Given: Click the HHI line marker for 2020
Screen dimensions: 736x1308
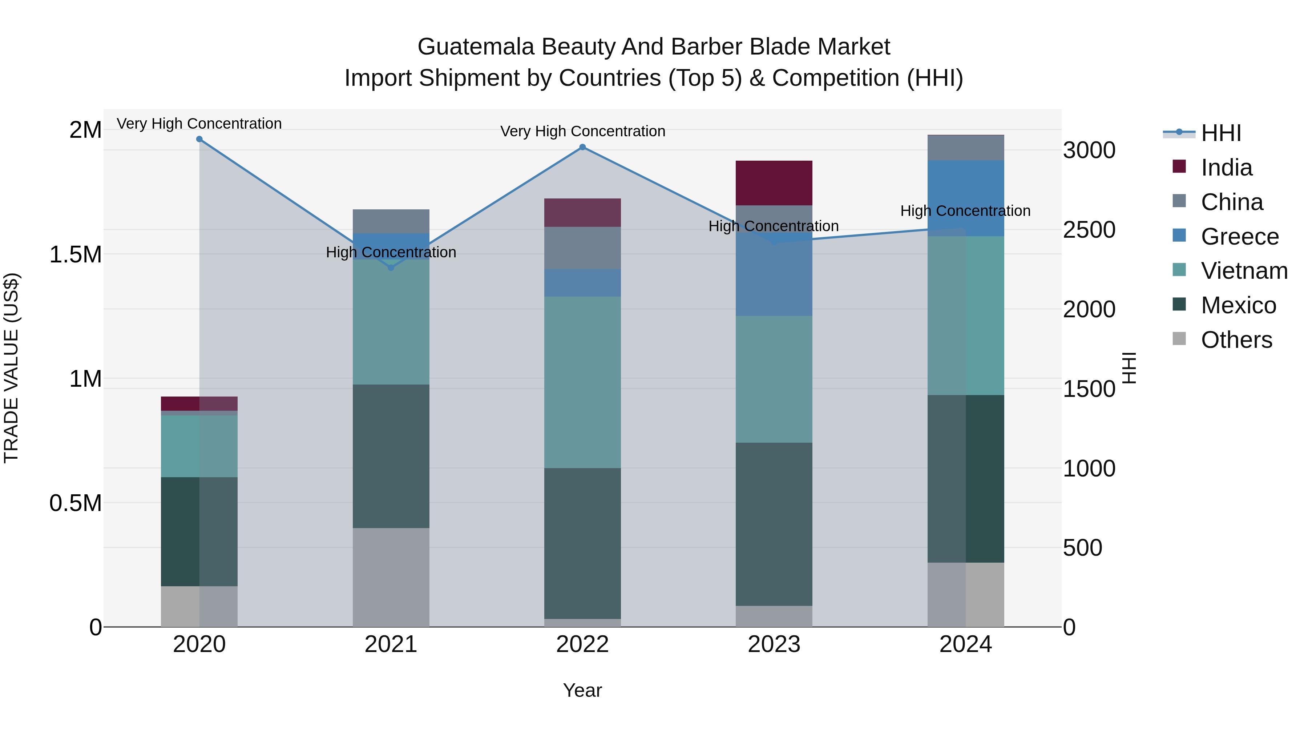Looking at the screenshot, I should pyautogui.click(x=199, y=139).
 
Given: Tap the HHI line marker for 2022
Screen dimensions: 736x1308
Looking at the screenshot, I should pyautogui.click(x=582, y=147).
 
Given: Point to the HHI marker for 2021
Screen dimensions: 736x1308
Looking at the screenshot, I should pyautogui.click(x=391, y=268).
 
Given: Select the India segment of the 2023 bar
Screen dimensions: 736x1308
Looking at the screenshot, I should pyautogui.click(x=774, y=183).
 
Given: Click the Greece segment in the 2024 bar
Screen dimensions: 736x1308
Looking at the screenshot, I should pyautogui.click(x=965, y=198).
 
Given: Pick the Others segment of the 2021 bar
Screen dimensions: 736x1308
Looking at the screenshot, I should pyautogui.click(x=391, y=577).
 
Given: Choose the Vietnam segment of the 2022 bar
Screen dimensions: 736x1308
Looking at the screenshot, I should pyautogui.click(x=582, y=382).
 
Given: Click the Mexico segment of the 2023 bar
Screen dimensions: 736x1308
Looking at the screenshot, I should pyautogui.click(x=774, y=524).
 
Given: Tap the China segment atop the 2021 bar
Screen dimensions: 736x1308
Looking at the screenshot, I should pyautogui.click(x=391, y=221).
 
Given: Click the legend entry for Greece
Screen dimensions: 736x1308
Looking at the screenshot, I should pyautogui.click(x=1239, y=237).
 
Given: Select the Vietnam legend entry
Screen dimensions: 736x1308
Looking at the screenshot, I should pyautogui.click(x=1244, y=271).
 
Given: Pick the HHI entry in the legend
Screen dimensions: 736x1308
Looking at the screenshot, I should pyautogui.click(x=1221, y=133).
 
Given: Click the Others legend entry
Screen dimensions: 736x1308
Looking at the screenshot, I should pyautogui.click(x=1236, y=340).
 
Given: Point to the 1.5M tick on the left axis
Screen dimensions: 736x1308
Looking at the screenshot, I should pyautogui.click(x=76, y=254).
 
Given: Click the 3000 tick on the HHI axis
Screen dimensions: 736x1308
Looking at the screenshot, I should pyautogui.click(x=1089, y=150).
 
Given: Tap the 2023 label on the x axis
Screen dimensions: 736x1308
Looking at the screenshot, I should pyautogui.click(x=774, y=644).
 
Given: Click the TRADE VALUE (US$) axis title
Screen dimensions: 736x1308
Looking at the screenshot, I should pyautogui.click(x=11, y=368).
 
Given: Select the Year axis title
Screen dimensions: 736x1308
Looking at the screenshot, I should pyautogui.click(x=582, y=690).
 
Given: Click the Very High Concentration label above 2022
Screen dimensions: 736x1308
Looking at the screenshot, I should pyautogui.click(x=582, y=131).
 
